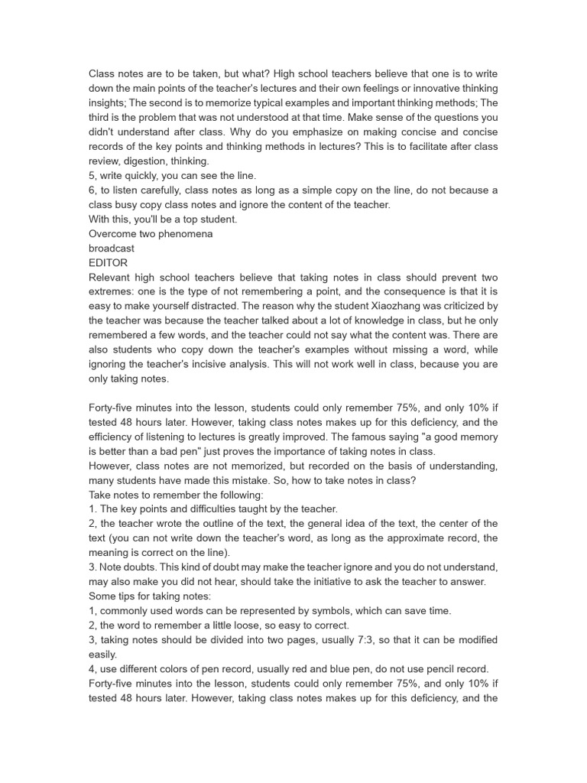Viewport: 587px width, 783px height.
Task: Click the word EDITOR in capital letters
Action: (109, 262)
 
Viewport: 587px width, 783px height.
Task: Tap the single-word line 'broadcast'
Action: (112, 248)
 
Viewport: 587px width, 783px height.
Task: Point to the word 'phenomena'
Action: (186, 233)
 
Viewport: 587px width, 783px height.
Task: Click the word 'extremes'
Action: (115, 291)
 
